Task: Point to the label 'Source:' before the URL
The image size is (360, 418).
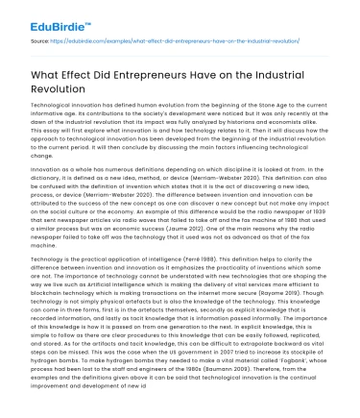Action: pos(40,41)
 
